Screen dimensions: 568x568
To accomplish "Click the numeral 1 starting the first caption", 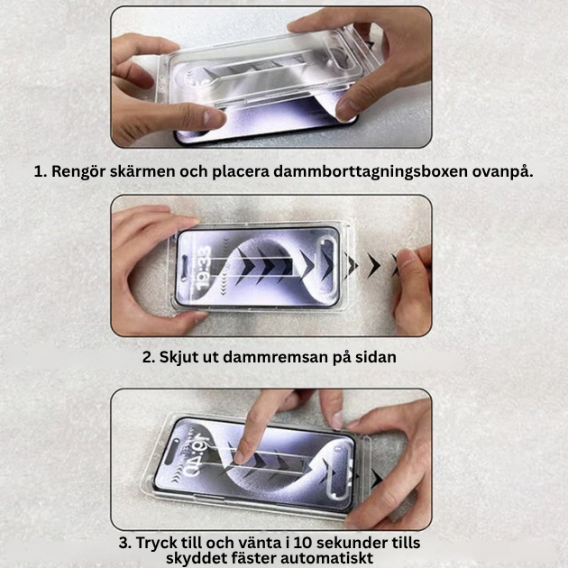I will (x=39, y=170).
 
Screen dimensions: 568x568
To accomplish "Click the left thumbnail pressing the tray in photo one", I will (x=213, y=117).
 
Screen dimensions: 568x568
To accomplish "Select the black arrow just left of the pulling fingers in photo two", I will (x=373, y=265).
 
